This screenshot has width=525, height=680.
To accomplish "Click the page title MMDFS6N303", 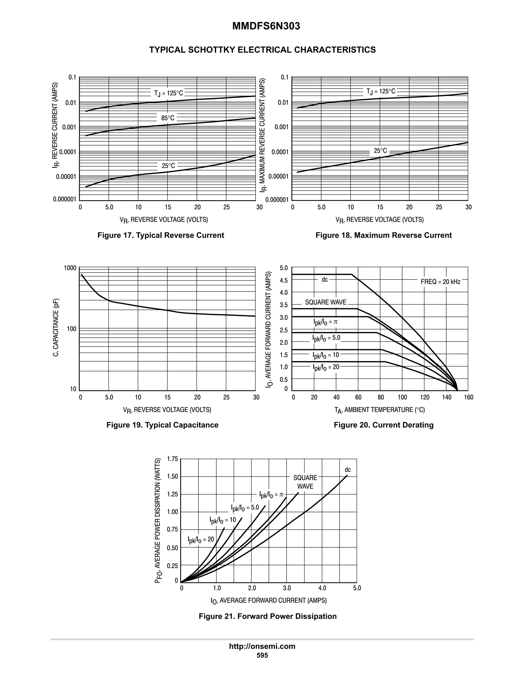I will click(266, 26).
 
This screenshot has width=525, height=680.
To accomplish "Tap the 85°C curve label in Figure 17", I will click(168, 118).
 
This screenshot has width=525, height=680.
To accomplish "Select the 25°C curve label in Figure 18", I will click(380, 151).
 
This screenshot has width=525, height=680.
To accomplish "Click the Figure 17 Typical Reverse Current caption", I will click(160, 235).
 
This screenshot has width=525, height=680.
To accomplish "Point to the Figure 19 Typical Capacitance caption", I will click(162, 425).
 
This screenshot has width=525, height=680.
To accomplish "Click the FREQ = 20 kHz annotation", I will click(440, 282).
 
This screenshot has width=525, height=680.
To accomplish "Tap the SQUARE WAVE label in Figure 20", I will click(325, 302).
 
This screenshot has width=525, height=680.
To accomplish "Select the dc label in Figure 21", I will click(347, 470).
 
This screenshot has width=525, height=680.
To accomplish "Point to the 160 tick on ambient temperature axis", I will click(468, 397).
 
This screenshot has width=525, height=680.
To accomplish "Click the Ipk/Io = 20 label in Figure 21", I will click(201, 540).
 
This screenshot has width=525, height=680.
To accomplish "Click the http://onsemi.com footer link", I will click(262, 646).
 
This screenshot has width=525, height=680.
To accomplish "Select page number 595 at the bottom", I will click(262, 655).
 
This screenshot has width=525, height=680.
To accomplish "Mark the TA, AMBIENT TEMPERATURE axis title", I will click(379, 410).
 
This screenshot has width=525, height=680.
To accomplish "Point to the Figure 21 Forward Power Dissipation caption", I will click(267, 616).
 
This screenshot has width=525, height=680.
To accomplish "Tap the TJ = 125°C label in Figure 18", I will click(381, 91).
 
